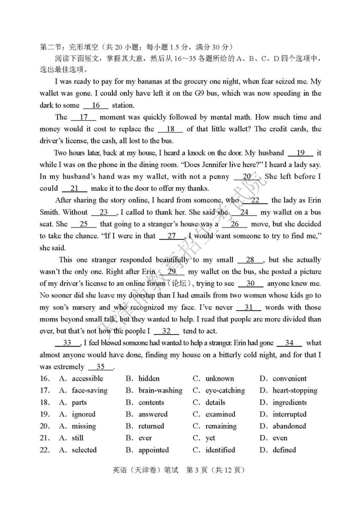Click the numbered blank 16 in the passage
[x=96, y=105]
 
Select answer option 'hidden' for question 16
[x=149, y=379]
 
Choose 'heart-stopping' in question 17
[x=295, y=390]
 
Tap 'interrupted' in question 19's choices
[x=289, y=414]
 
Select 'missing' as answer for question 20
[x=84, y=426]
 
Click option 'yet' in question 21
[x=210, y=438]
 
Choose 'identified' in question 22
[x=220, y=450]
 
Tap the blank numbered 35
[x=101, y=367]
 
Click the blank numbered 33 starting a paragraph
[x=67, y=343]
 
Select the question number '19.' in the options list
[x=45, y=414]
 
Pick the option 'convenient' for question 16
[x=289, y=379]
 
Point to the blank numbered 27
[x=172, y=236]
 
